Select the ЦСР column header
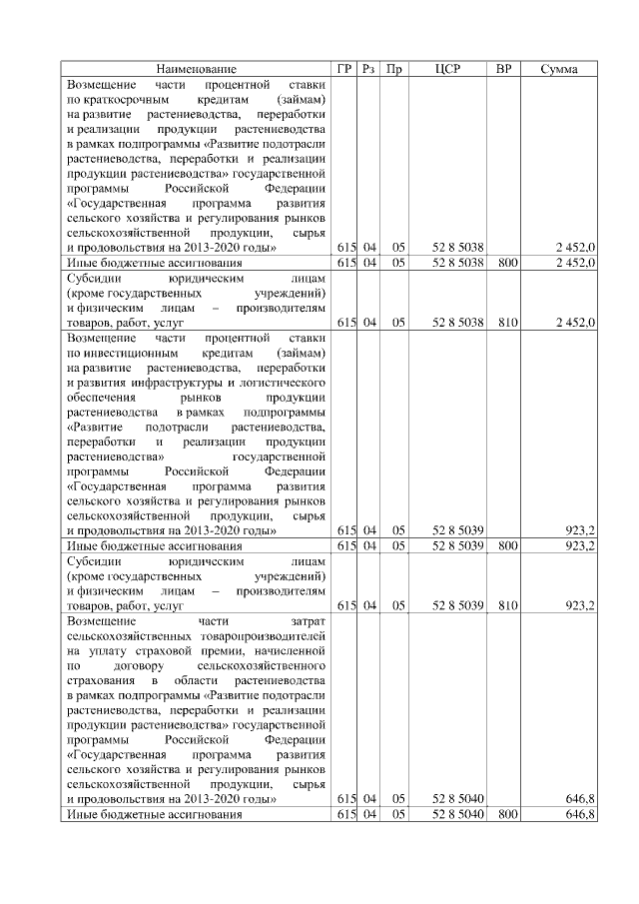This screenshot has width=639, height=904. [x=447, y=69]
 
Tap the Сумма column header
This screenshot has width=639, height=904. [x=560, y=69]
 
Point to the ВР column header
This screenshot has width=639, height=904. [x=504, y=69]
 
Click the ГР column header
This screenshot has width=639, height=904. [x=344, y=69]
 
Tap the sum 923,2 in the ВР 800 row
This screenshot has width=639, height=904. [x=580, y=546]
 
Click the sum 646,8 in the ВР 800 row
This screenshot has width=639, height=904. [x=580, y=814]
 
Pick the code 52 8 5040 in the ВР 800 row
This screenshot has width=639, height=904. [x=458, y=814]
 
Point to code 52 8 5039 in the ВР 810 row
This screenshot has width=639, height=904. [x=458, y=605]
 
